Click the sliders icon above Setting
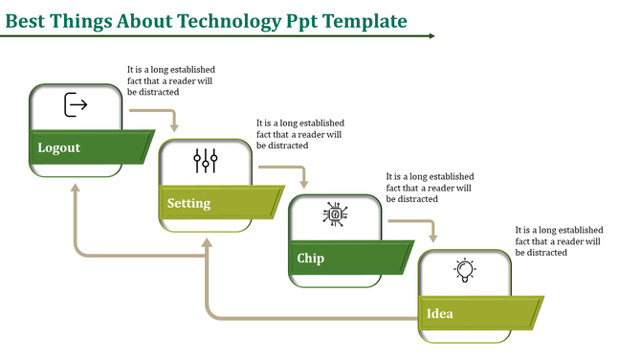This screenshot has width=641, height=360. (206, 160)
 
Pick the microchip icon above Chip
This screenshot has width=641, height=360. (336, 214)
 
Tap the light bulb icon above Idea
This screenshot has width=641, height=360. (465, 271)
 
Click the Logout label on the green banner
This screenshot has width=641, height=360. (59, 148)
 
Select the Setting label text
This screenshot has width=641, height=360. (188, 203)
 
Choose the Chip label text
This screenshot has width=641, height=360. (310, 258)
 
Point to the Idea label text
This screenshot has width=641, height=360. (440, 313)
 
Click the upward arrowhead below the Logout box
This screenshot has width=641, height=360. (76, 188)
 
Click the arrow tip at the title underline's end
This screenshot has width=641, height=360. (432, 36)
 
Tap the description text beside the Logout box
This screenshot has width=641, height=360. (171, 82)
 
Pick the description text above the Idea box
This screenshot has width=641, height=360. (559, 241)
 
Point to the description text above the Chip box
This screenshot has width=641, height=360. (430, 188)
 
